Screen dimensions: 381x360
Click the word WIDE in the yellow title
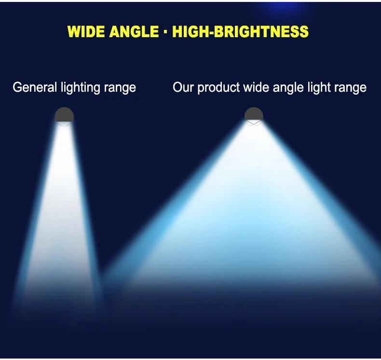pyautogui.click(x=86, y=31)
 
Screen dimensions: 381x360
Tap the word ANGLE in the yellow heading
pyautogui.click(x=134, y=31)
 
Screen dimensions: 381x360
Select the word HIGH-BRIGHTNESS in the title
pyautogui.click(x=240, y=31)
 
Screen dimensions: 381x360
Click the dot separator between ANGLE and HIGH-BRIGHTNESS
pyautogui.click(x=166, y=31)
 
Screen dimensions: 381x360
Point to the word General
pyautogui.click(x=35, y=87)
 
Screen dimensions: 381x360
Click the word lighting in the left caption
pyautogui.click(x=81, y=88)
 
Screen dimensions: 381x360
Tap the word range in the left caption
pyautogui.click(x=120, y=89)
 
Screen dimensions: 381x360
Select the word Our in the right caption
pyautogui.click(x=183, y=87)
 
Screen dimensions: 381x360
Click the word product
pyautogui.click(x=218, y=88)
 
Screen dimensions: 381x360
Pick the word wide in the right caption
pyautogui.click(x=257, y=87)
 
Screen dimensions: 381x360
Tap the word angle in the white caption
pyautogui.click(x=288, y=88)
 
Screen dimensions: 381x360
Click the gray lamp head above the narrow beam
pyautogui.click(x=64, y=115)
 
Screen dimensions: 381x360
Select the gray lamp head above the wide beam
pyautogui.click(x=254, y=114)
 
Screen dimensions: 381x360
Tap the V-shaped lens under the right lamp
pyautogui.click(x=254, y=123)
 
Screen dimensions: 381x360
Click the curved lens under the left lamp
pyautogui.click(x=64, y=124)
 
